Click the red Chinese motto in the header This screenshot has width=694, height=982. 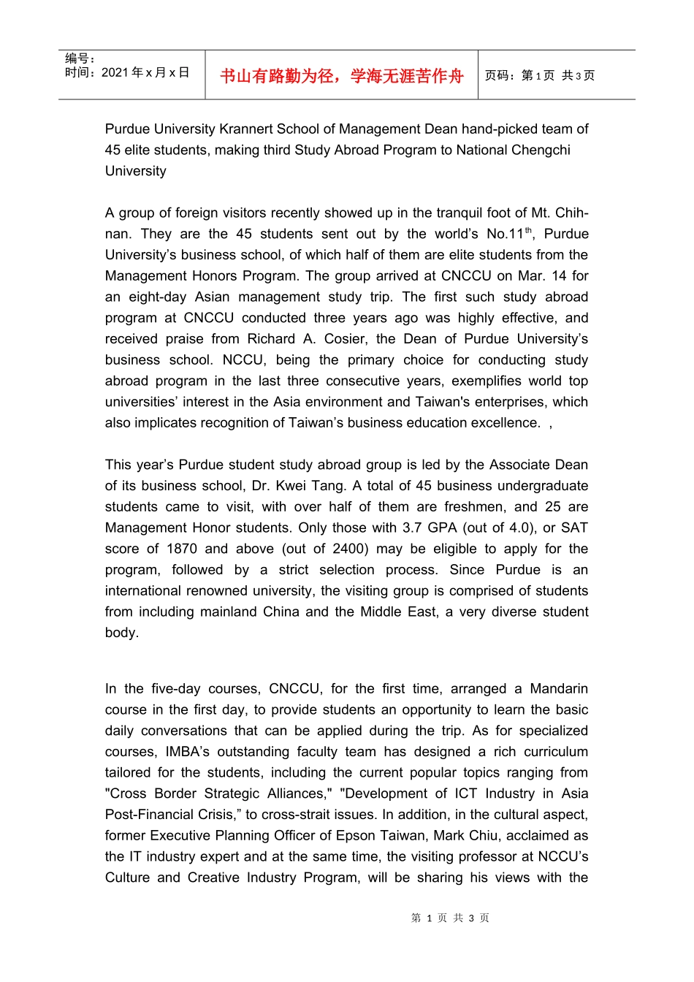click(342, 76)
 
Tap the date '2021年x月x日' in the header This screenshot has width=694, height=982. click(145, 72)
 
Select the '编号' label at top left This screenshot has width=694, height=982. click(79, 58)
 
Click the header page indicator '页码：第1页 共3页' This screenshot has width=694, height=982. click(540, 75)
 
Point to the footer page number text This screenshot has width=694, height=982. click(450, 918)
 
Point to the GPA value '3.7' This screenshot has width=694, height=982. click(413, 528)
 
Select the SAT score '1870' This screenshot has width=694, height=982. click(182, 549)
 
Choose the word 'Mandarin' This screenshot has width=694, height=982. click(559, 689)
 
